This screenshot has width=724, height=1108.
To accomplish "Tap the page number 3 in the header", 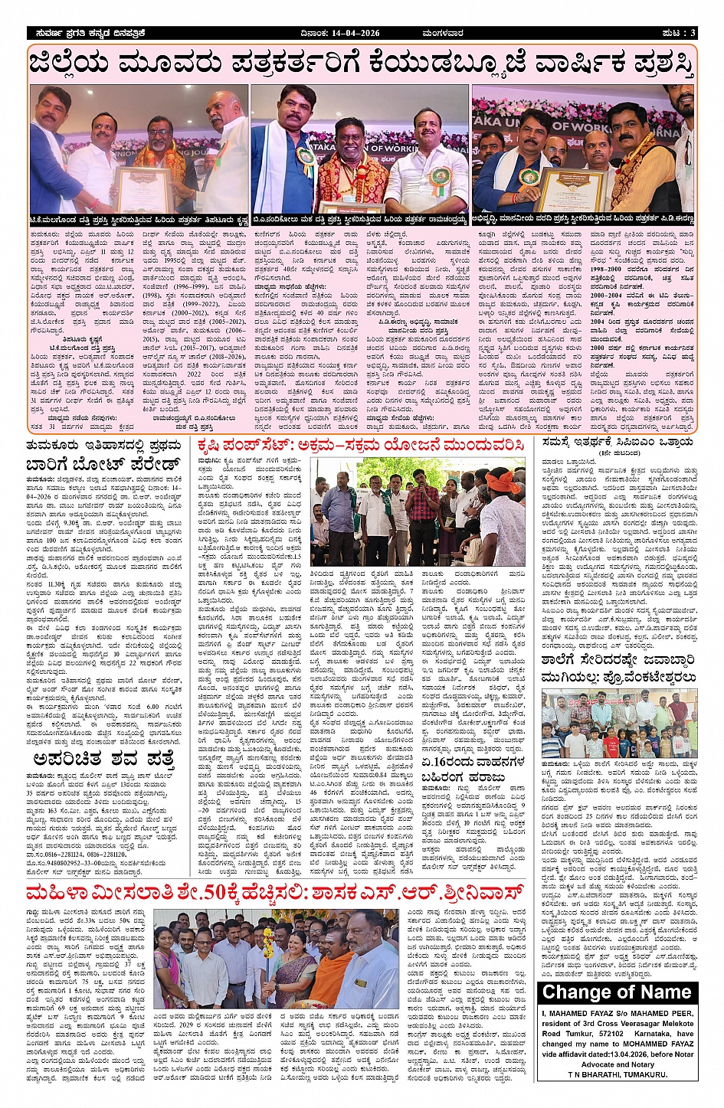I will coord(693,33).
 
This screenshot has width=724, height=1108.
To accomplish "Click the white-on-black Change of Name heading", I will coord(617,992).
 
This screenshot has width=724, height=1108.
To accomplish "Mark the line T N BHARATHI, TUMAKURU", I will coord(617,1074).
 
